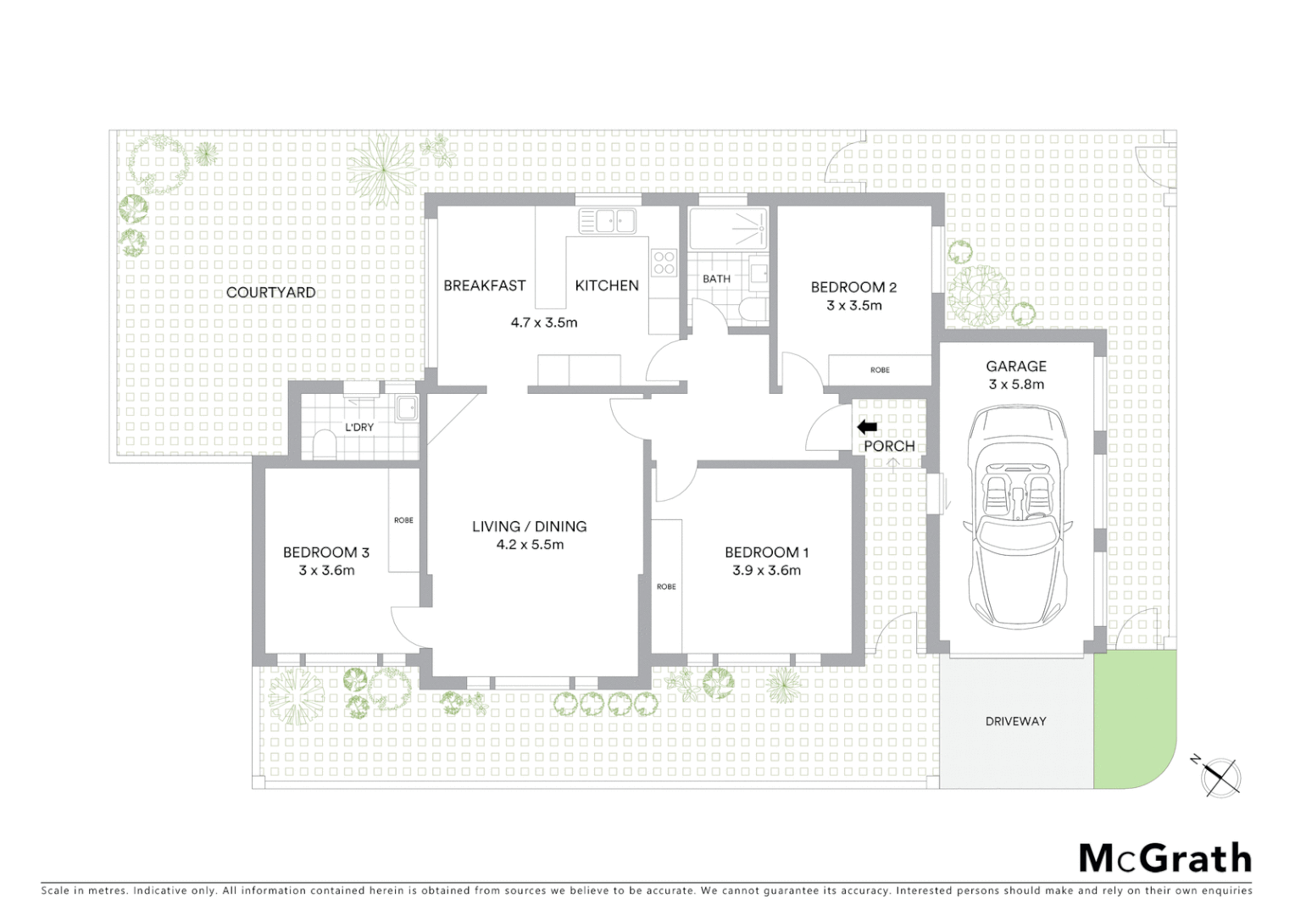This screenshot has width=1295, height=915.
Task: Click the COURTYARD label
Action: [270, 292]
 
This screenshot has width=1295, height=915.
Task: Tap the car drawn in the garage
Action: [1016, 517]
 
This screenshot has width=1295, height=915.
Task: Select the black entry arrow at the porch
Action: [867, 427]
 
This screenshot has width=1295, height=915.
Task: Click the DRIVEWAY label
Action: [1015, 721]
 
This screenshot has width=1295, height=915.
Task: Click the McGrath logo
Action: [1164, 858]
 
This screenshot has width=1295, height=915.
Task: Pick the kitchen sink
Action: [607, 221]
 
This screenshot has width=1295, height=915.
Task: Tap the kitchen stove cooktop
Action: [664, 263]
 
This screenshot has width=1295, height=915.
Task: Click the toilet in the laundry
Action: [324, 445]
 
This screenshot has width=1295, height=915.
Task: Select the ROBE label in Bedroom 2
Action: [880, 370]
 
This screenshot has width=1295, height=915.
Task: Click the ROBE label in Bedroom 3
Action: [403, 520]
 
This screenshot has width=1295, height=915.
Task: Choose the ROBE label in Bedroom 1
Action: [666, 586]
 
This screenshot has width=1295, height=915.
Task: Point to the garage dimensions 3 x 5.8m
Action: [1016, 385]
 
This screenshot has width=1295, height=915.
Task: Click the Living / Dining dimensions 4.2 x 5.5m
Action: [530, 545]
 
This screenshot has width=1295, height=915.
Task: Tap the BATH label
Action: [716, 279]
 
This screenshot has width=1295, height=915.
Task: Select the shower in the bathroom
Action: [728, 229]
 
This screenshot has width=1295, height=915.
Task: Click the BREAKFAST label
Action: [485, 286]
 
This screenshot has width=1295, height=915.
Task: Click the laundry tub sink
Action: [407, 407]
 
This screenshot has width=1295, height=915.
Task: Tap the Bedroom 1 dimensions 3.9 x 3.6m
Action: [766, 570]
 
